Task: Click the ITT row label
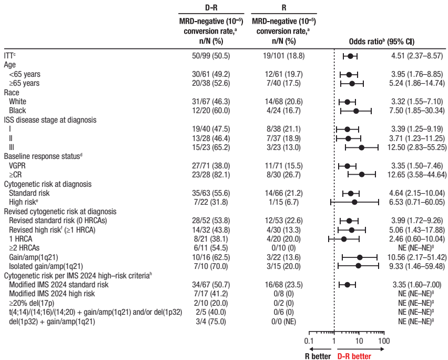coord(7,55)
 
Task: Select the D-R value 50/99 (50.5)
coord(210,55)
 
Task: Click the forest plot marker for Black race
coord(356,111)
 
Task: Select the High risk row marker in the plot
coord(354,202)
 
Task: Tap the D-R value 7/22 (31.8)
coord(210,202)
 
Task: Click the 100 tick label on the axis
coord(384,341)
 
